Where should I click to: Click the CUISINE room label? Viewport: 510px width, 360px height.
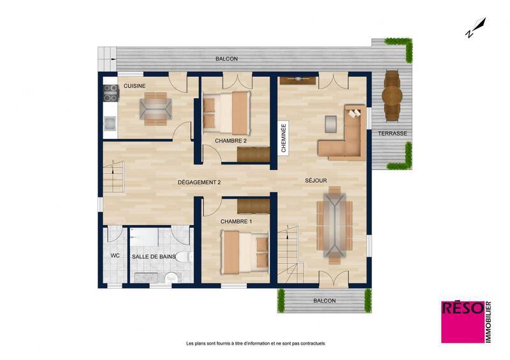tap(134, 85)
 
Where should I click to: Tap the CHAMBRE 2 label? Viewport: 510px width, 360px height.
tap(230, 141)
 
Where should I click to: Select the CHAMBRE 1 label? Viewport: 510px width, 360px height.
tap(236, 221)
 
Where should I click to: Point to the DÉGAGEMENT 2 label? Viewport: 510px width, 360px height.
tap(199, 183)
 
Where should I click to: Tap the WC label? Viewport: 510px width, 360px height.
tap(115, 256)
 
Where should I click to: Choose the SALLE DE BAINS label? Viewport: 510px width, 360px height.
tap(154, 256)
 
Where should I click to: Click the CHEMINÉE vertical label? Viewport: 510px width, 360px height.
tap(284, 138)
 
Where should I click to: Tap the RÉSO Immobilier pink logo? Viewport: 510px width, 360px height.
tap(465, 321)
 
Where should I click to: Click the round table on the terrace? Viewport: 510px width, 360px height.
tap(391, 96)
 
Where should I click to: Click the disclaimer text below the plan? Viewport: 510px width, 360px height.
tap(255, 343)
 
